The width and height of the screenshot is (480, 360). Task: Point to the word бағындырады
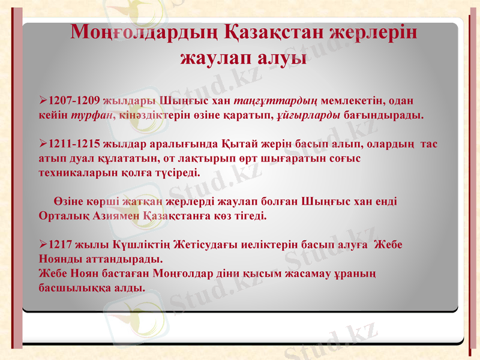pyautogui.click(x=384, y=114)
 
